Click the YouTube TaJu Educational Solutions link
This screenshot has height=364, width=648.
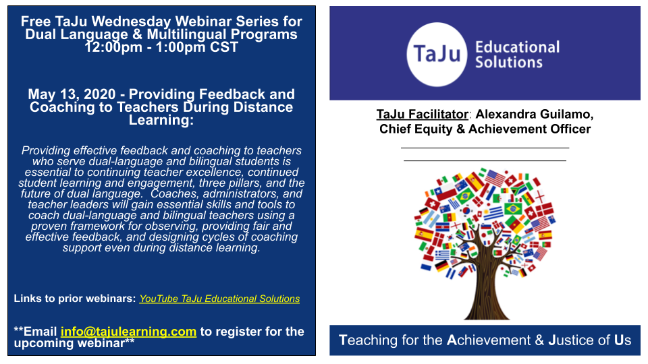219,299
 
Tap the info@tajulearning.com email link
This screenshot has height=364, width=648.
128,332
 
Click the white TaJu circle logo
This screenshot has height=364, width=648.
437,55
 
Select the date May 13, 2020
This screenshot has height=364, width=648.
72,94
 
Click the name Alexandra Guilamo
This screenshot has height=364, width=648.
535,115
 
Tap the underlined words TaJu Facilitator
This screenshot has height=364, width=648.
422,115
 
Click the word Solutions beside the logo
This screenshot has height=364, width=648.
509,62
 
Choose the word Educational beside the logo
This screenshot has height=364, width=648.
518,47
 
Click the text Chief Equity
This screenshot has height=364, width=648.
416,129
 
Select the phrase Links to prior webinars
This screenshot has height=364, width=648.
75,299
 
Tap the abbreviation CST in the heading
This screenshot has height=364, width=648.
224,47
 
